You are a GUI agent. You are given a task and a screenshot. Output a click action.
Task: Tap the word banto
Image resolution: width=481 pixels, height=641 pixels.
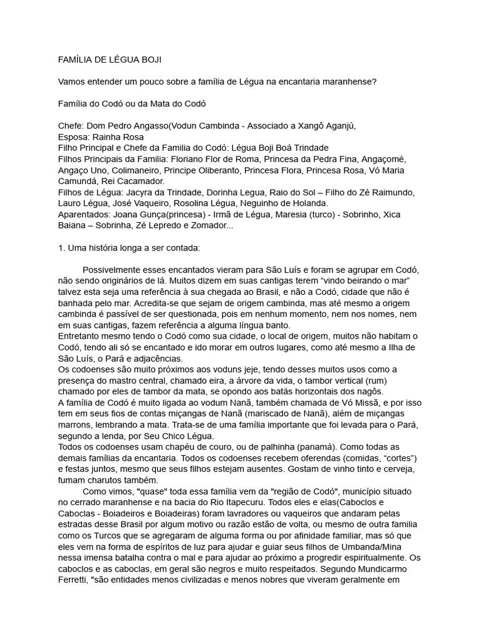(276, 326)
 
